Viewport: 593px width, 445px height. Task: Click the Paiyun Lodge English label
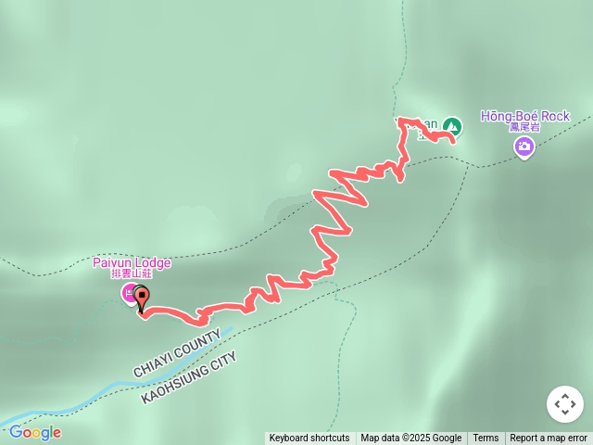pyautogui.click(x=132, y=262)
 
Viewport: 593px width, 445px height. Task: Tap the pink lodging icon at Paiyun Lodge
pyautogui.click(x=129, y=294)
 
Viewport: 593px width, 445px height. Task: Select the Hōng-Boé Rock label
pyautogui.click(x=524, y=116)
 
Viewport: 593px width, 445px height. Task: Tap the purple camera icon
pyautogui.click(x=524, y=146)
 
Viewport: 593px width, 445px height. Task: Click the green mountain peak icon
pyautogui.click(x=451, y=125)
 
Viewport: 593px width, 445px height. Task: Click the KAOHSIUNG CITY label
pyautogui.click(x=189, y=377)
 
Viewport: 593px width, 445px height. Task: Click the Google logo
pyautogui.click(x=35, y=432)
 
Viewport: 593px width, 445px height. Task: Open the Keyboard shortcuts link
pyautogui.click(x=309, y=439)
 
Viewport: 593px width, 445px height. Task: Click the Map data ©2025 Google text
pyautogui.click(x=410, y=439)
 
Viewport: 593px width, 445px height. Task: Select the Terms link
pyautogui.click(x=486, y=439)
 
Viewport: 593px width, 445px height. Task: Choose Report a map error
pyautogui.click(x=549, y=439)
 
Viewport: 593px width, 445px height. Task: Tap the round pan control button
pyautogui.click(x=564, y=404)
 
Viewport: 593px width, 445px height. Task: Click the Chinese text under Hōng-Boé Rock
pyautogui.click(x=524, y=127)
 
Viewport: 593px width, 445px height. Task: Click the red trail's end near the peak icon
pyautogui.click(x=452, y=141)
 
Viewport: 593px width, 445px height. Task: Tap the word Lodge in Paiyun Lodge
pyautogui.click(x=153, y=262)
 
